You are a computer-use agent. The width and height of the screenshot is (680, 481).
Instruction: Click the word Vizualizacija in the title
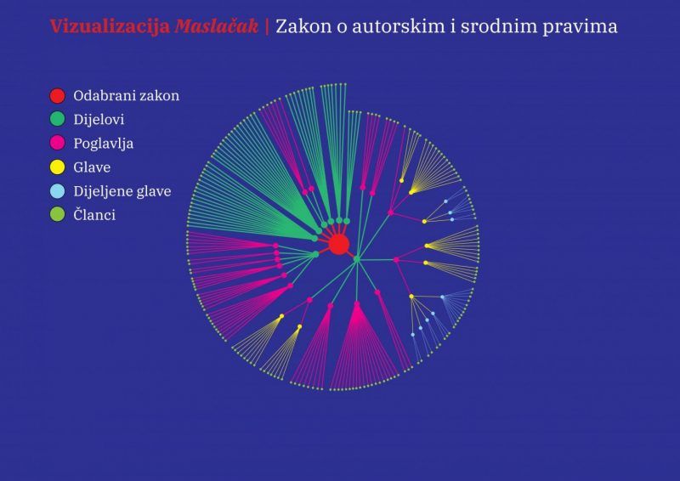pyautogui.click(x=110, y=27)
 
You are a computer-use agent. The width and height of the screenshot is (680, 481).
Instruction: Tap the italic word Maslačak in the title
pyautogui.click(x=217, y=27)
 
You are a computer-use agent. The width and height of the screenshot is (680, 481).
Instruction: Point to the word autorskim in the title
pyautogui.click(x=398, y=26)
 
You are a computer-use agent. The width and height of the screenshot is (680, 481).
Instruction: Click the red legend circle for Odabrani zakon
pyautogui.click(x=57, y=95)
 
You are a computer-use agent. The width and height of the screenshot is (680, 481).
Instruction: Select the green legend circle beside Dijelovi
pyautogui.click(x=57, y=119)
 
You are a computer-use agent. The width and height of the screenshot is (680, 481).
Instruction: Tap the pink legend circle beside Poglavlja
pyautogui.click(x=57, y=143)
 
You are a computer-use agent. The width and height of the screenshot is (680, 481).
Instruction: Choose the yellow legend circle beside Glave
pyautogui.click(x=57, y=167)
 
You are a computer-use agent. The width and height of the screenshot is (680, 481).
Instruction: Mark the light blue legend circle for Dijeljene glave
pyautogui.click(x=57, y=191)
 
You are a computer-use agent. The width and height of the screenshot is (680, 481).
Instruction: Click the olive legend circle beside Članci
pyautogui.click(x=57, y=215)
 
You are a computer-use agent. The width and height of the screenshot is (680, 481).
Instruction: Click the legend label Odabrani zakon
pyautogui.click(x=126, y=95)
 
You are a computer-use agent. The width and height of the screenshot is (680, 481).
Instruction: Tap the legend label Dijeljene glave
pyautogui.click(x=122, y=192)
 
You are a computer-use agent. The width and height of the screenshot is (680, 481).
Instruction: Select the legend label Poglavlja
pyautogui.click(x=103, y=144)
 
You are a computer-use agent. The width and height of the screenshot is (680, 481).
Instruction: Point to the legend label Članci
pyautogui.click(x=94, y=214)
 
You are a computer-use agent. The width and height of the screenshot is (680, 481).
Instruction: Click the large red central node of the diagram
pyautogui.click(x=338, y=245)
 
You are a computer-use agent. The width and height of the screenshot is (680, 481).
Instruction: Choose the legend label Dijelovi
pyautogui.click(x=99, y=120)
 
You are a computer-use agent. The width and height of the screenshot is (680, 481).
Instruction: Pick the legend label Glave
pyautogui.click(x=92, y=167)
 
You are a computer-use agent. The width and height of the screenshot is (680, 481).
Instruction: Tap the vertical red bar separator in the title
pyautogui.click(x=267, y=26)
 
